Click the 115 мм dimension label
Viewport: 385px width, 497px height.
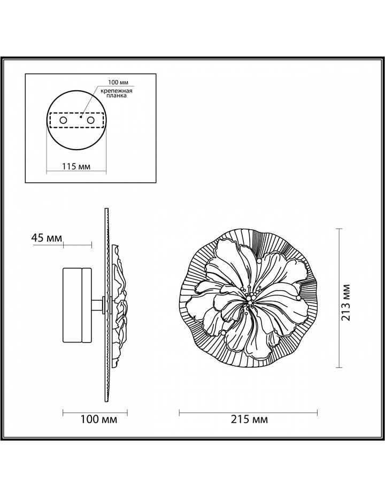(x=76, y=166)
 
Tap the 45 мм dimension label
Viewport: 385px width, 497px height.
(x=47, y=238)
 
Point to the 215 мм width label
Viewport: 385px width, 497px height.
(x=249, y=420)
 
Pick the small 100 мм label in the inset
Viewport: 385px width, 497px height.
(x=118, y=82)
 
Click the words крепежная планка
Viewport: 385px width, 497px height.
(x=117, y=93)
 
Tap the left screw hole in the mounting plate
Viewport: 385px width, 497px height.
(x=63, y=120)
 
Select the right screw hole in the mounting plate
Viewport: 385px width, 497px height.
(x=91, y=120)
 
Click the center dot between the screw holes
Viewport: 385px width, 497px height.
(x=81, y=117)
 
